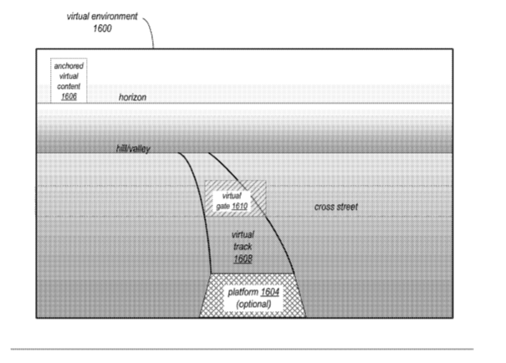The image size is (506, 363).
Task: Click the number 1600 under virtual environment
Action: point(102,28)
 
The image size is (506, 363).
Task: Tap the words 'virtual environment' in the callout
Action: point(102,16)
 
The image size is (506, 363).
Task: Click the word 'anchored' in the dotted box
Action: point(69,66)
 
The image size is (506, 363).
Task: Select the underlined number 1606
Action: point(69,96)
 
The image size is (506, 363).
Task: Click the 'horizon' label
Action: point(132,97)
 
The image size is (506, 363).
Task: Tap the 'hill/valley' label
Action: point(133,149)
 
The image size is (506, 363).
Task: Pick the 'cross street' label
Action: point(336,207)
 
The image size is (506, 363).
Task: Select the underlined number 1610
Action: point(239,206)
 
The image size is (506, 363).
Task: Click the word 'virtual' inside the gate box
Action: point(232,196)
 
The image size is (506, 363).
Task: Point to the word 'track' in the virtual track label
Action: point(243,247)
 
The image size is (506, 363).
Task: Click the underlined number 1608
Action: point(243,258)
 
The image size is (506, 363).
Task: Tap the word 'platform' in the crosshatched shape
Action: point(243,293)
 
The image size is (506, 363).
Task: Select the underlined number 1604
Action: point(270,292)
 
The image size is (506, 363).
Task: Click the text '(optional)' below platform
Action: point(253,304)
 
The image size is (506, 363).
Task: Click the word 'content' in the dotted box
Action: point(69,86)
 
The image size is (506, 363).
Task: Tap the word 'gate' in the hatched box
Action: point(222,207)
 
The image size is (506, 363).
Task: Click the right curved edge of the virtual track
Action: point(258,207)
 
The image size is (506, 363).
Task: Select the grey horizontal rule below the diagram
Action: point(242,349)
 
